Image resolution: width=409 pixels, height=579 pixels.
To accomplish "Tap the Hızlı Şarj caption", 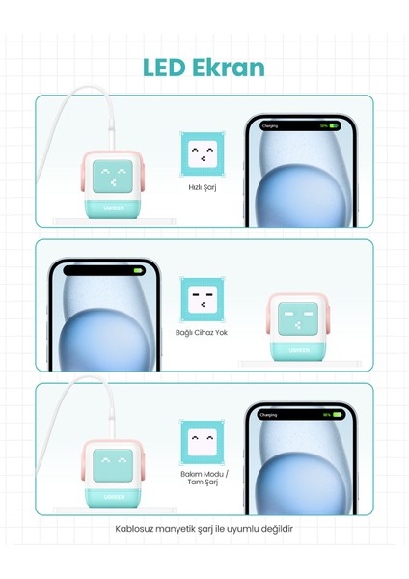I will [203, 187].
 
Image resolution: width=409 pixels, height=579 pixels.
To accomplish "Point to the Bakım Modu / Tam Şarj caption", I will [204, 478].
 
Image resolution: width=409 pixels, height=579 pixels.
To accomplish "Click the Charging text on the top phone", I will [269, 125].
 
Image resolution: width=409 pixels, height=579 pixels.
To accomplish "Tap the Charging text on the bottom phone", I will [269, 415].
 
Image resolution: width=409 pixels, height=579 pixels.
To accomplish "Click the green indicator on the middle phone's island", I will [138, 271].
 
